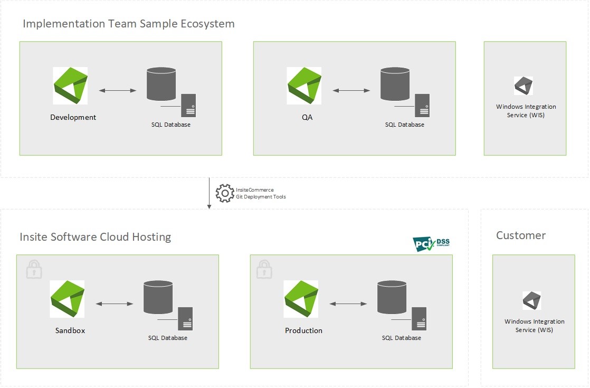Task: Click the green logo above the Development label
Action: coord(70,86)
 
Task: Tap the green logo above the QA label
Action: coord(304,86)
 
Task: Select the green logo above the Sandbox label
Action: coord(67,299)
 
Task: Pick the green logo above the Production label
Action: coord(301,299)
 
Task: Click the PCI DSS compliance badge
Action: coord(431,243)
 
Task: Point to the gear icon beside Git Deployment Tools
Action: coord(225,193)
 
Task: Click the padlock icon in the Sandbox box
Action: coord(34,269)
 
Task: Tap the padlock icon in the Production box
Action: coord(264,269)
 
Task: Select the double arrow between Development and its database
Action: coord(117,91)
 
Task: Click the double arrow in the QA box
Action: coord(351,91)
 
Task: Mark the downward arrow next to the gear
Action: coord(209,193)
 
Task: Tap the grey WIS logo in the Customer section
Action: coord(531,300)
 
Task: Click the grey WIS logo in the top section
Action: coord(523,86)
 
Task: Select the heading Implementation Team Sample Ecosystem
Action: coord(129,24)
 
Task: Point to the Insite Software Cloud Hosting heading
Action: coord(95,236)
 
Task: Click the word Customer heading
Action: coord(520,235)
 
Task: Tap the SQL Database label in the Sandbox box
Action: coord(167,338)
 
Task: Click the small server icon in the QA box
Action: coord(422,105)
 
